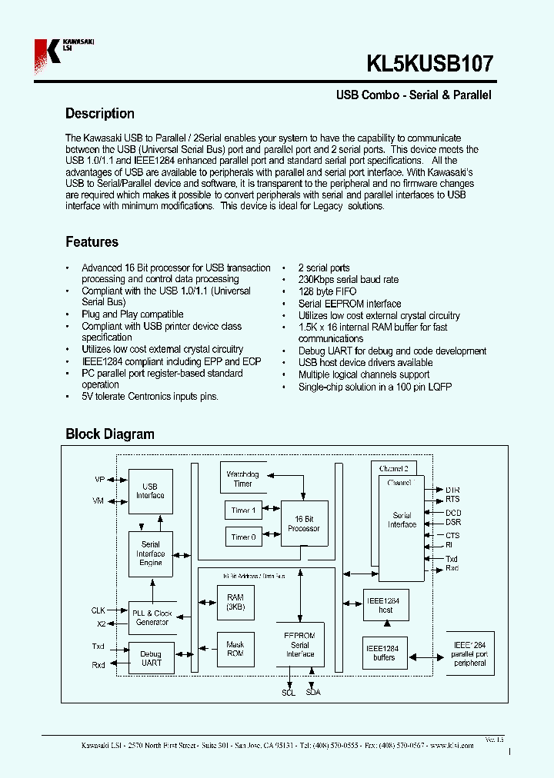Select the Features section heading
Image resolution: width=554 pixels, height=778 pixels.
click(x=92, y=242)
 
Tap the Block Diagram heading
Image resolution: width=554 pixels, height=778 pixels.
click(x=109, y=434)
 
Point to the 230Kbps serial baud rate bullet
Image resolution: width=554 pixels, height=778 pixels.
click(x=348, y=280)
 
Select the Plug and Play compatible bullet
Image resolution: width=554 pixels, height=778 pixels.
click(x=132, y=314)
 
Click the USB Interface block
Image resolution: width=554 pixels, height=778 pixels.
click(x=150, y=491)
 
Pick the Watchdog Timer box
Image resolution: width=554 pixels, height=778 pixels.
click(x=242, y=479)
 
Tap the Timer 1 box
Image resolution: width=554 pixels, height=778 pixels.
click(x=243, y=510)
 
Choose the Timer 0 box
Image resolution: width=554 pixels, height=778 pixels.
click(x=243, y=537)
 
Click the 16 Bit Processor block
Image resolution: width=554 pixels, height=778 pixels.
click(x=303, y=524)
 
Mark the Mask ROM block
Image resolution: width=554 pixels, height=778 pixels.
click(x=235, y=649)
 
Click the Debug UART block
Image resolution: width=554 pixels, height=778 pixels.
click(x=151, y=658)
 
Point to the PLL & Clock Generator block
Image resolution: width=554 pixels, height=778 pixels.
click(x=152, y=617)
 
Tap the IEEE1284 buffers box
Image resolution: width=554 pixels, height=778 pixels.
click(x=384, y=653)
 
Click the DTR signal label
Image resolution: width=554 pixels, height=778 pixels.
click(x=452, y=490)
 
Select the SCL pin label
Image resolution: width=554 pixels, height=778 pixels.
click(x=289, y=692)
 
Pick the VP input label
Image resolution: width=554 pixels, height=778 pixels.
click(x=99, y=480)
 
